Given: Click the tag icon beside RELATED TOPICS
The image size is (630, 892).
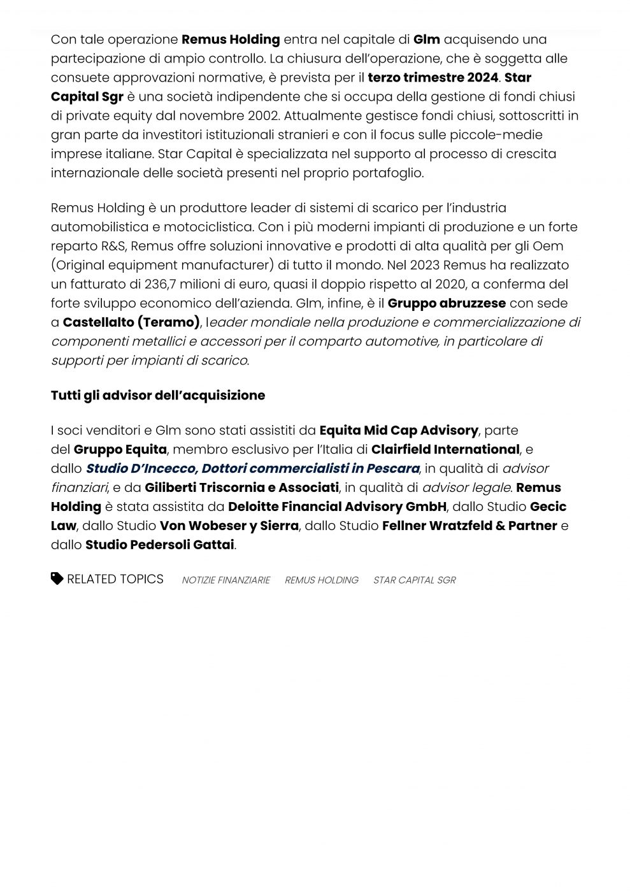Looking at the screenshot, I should click(57, 579).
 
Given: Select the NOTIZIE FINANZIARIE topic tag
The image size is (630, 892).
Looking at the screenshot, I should click(226, 580).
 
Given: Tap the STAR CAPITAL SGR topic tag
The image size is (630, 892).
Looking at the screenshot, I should click(415, 580).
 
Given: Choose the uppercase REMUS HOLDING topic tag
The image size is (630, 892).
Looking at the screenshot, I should click(322, 580).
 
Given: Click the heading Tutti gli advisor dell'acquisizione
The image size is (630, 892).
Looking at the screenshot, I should click(158, 396).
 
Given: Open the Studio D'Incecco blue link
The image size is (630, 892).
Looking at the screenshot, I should click(253, 469).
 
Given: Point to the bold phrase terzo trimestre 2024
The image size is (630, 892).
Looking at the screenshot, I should click(433, 78).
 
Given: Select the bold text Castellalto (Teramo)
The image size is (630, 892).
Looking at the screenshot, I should click(131, 322).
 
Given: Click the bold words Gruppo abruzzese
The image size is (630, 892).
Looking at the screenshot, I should click(447, 303).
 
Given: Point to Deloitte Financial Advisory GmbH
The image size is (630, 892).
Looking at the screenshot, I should click(337, 507).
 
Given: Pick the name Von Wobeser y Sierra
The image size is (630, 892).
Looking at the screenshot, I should click(229, 526).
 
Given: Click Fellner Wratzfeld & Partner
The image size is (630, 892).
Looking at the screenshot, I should click(469, 526).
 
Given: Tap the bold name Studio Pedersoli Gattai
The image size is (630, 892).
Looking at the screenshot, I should click(160, 545).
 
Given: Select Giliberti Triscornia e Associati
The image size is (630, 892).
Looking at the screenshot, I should click(241, 488).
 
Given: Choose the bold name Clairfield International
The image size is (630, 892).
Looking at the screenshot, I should click(445, 450).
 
